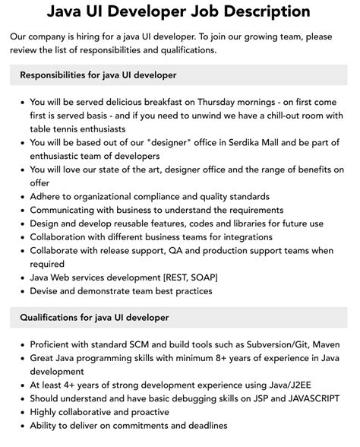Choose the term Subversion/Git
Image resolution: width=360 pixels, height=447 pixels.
point(269,343)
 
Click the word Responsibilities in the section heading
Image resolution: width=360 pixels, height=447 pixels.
point(57,75)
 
